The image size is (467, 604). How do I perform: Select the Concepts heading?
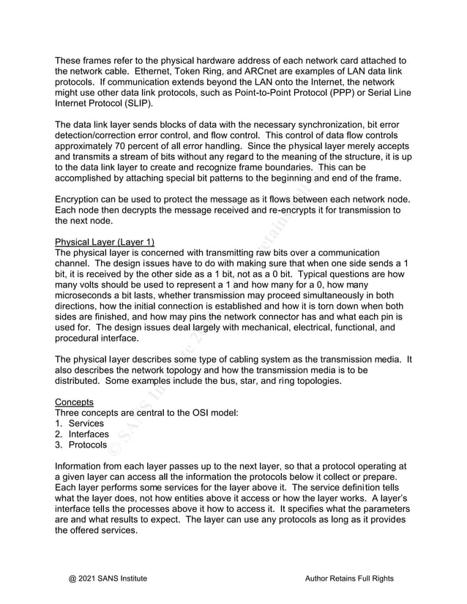coord(75,401)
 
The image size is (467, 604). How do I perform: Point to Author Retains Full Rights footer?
coord(349,578)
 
